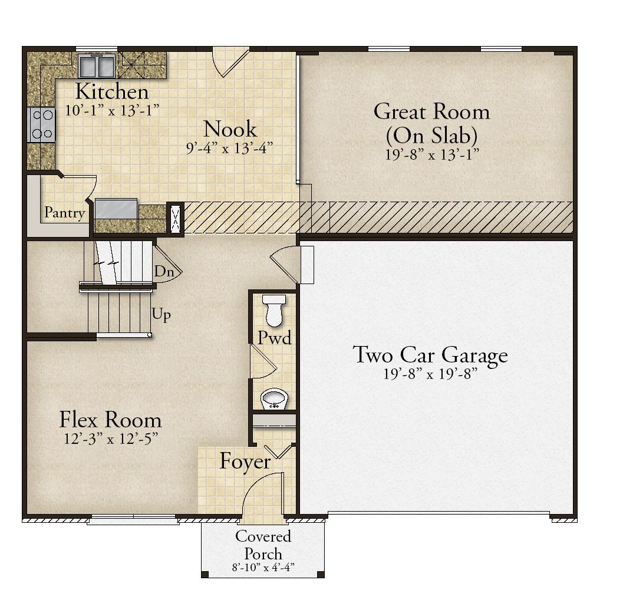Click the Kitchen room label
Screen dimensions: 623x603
(112, 92)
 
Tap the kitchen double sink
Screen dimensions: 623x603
(97, 65)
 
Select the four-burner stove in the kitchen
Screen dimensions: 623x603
(41, 124)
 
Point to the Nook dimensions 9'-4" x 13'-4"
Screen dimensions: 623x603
(230, 149)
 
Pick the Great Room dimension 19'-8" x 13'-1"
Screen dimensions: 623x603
(432, 154)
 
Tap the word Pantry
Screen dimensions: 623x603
(65, 213)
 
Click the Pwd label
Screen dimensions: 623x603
(274, 338)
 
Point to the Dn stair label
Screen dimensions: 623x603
(164, 272)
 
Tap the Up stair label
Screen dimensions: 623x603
(161, 315)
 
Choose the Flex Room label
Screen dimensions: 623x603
(110, 420)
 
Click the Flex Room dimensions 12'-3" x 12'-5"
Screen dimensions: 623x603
(111, 439)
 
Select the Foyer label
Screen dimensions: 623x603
(245, 462)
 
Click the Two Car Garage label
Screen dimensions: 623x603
(430, 355)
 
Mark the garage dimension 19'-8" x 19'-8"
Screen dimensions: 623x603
(430, 374)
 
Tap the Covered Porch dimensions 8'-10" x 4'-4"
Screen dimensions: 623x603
(263, 567)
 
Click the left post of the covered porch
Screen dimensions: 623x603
(205, 574)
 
